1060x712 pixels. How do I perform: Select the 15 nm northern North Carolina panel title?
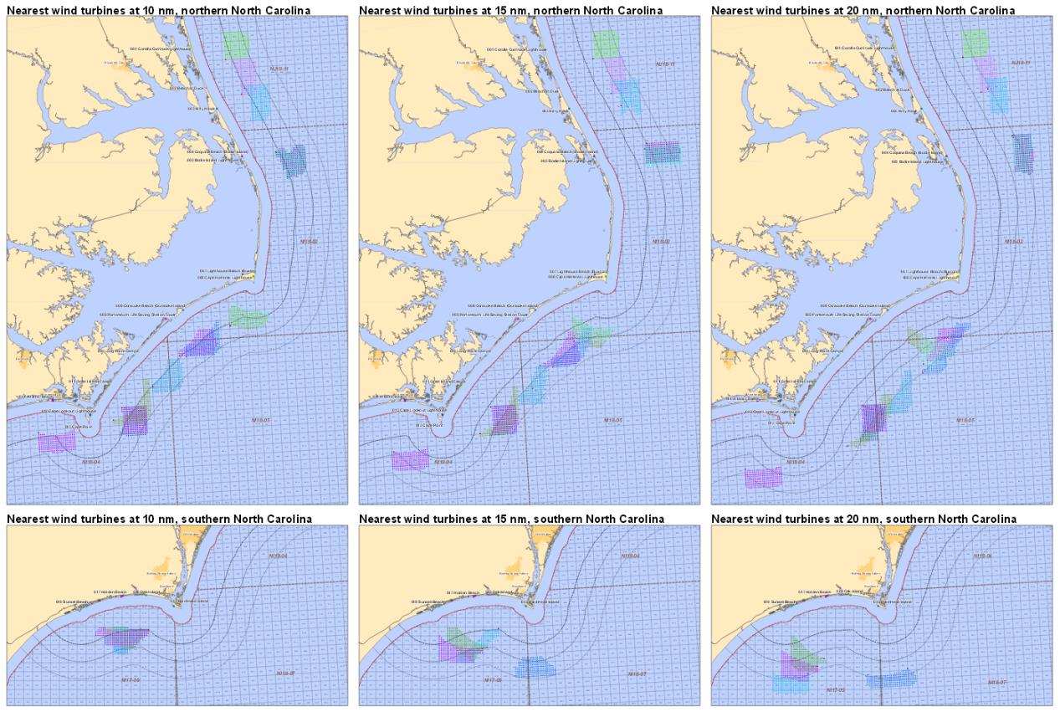tap(511, 10)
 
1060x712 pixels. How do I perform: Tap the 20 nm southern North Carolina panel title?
tap(864, 519)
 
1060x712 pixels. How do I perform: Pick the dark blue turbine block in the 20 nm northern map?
tap(1022, 152)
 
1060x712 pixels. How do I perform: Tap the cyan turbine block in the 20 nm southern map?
tap(790, 684)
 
